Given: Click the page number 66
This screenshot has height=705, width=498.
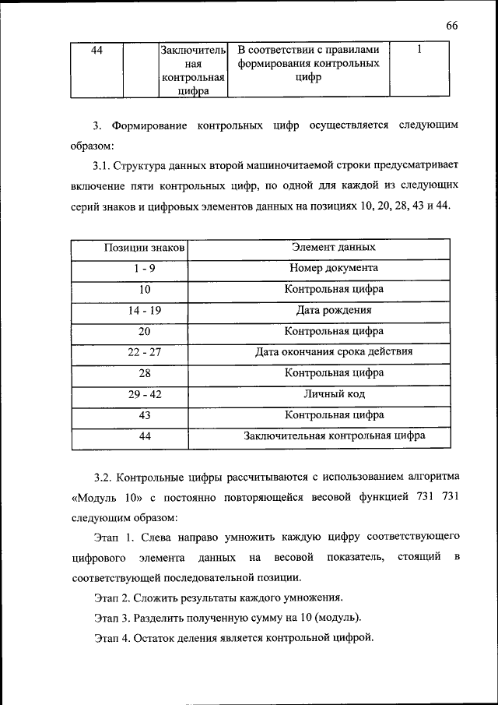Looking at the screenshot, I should tap(452, 26).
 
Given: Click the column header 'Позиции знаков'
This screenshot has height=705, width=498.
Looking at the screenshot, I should tap(144, 248).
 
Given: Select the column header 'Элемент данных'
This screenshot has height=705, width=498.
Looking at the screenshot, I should tap(334, 248).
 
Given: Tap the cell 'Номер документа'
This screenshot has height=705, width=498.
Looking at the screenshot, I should tap(334, 269).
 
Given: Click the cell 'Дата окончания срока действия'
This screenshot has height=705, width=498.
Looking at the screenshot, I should tap(334, 352).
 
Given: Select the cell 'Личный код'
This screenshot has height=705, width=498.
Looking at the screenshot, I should tap(334, 394).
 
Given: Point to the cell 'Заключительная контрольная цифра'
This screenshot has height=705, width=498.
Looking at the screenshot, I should tap(334, 436).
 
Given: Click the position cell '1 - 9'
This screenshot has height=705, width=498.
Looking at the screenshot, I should tap(144, 269).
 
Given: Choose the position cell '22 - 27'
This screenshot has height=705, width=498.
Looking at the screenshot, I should tap(144, 352).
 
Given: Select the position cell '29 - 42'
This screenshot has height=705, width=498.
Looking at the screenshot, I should tap(144, 394).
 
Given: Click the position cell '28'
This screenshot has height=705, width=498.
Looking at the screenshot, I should tap(144, 373).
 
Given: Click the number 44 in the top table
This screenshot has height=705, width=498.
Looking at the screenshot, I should tap(97, 51).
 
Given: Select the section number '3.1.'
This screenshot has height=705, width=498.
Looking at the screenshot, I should tap(102, 166).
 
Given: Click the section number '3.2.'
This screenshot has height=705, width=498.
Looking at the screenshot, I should tap(104, 476).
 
